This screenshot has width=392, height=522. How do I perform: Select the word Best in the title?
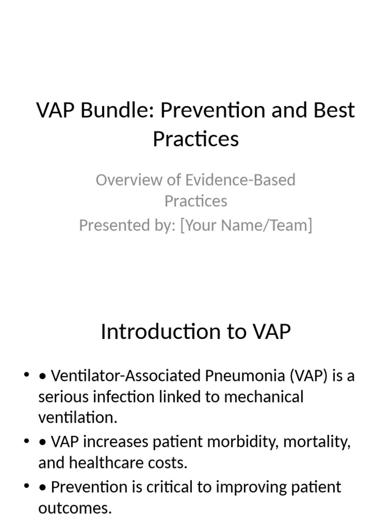click(332, 110)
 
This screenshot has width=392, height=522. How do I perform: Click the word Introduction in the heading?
click(159, 332)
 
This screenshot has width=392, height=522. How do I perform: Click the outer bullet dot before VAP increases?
click(27, 441)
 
